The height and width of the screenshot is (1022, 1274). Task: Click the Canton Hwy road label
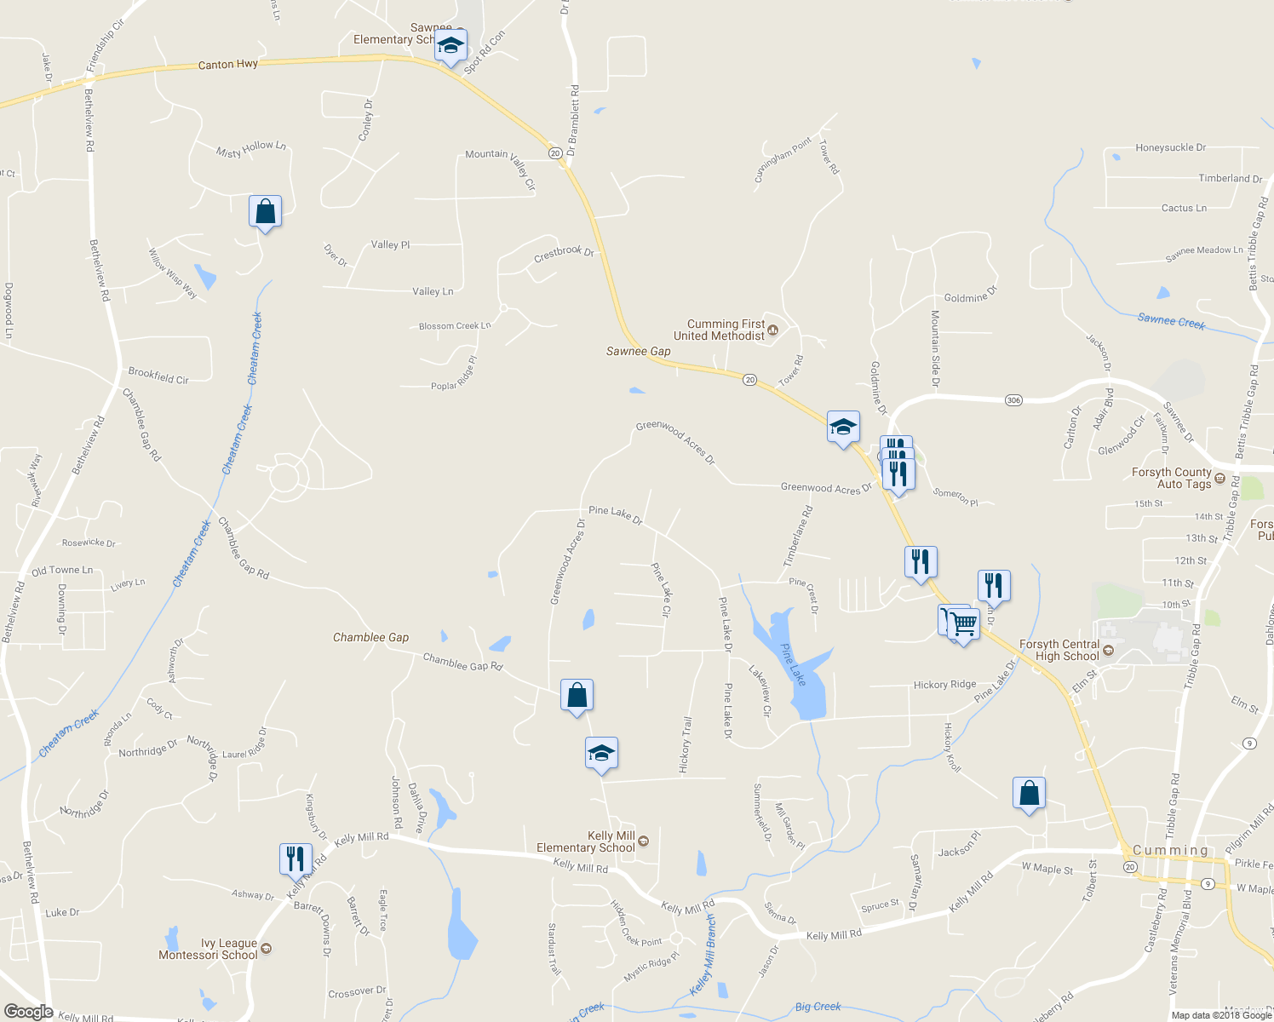(x=227, y=65)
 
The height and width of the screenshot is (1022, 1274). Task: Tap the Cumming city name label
(x=1170, y=850)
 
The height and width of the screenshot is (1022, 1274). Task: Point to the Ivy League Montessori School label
(x=208, y=949)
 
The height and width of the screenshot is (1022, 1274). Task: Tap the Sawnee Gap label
(x=638, y=351)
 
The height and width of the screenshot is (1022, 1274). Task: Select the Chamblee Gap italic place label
(x=370, y=637)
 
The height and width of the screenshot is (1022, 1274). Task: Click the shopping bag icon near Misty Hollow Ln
(x=265, y=211)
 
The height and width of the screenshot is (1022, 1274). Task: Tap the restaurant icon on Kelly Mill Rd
(x=296, y=858)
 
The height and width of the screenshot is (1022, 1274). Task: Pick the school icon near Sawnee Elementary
(x=450, y=46)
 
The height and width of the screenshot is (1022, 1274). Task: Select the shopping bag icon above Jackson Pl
(x=1029, y=793)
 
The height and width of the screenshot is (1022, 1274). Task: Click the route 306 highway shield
(x=1013, y=400)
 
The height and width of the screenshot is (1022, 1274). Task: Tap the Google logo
(x=28, y=1012)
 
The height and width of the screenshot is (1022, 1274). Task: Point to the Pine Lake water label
(x=793, y=663)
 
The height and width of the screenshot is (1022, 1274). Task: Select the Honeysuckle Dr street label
(x=1170, y=147)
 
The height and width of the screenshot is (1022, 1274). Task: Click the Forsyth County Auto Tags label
(x=1171, y=478)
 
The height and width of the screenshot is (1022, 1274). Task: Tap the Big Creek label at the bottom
(x=818, y=1007)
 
